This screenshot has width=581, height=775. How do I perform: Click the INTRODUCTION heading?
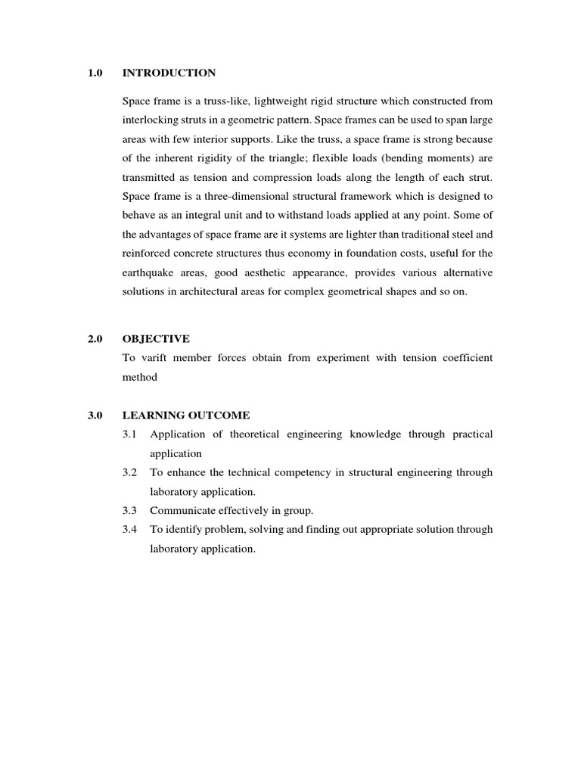pyautogui.click(x=169, y=73)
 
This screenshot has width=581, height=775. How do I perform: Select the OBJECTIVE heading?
pyautogui.click(x=155, y=338)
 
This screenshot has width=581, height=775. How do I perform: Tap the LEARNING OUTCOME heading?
pyautogui.click(x=185, y=416)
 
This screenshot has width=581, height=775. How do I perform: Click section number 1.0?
pyautogui.click(x=95, y=73)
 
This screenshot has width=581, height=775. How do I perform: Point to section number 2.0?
pyautogui.click(x=95, y=338)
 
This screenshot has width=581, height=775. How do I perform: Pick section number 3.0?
pyautogui.click(x=95, y=416)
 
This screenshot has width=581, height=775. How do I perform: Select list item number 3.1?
pyautogui.click(x=129, y=434)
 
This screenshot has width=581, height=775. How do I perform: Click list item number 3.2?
pyautogui.click(x=129, y=472)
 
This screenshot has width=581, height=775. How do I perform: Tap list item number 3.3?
pyautogui.click(x=129, y=511)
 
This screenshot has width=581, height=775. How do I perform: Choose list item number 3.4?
pyautogui.click(x=129, y=530)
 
